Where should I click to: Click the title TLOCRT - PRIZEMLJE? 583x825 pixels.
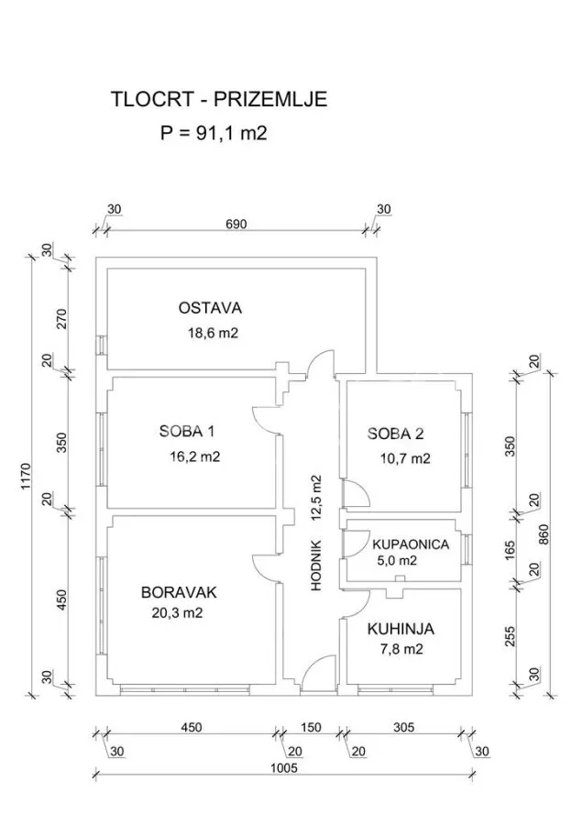[219, 99]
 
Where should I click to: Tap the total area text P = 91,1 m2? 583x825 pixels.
[214, 133]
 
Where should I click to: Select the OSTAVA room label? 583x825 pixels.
[210, 308]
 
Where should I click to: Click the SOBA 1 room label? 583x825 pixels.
[187, 432]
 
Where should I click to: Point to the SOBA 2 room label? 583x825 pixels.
[395, 434]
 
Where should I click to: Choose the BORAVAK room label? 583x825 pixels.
[179, 592]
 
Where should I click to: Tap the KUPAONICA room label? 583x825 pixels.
[411, 544]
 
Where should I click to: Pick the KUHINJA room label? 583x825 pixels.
[401, 629]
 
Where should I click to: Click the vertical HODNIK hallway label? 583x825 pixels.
[315, 565]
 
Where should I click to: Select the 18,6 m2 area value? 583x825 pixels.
[213, 333]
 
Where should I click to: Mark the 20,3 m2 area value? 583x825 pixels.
[177, 613]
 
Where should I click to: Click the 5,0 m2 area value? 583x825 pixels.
[397, 561]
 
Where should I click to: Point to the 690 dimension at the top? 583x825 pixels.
[236, 225]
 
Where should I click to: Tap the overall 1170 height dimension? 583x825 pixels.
[27, 477]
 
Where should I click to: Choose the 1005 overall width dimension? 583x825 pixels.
[284, 768]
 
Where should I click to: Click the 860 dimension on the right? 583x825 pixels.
[544, 535]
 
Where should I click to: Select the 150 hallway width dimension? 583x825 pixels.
[311, 727]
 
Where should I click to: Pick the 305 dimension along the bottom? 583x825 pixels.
[403, 727]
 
